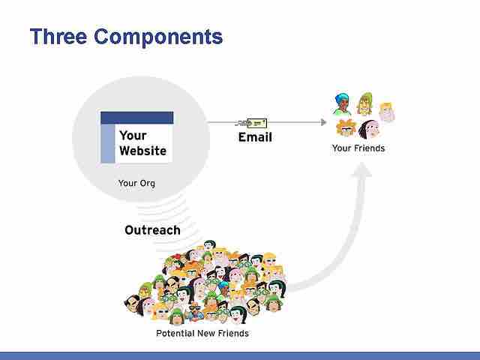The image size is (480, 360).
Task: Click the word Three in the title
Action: pos(60,36)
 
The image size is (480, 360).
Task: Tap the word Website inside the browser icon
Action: pos(142,151)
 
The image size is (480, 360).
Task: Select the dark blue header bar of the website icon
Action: pos(137,118)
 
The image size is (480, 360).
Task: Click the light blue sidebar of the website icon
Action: pos(108,143)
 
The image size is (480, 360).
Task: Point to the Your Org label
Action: pos(136,182)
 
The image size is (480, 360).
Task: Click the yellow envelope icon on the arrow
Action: pos(256,122)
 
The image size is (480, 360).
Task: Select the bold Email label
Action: pos(255,137)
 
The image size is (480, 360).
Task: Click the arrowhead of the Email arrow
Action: pos(323,121)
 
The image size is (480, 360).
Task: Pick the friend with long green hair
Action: pos(366,103)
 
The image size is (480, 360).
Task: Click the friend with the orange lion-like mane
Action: pos(346,127)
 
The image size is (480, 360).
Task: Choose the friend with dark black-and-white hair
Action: pos(369,128)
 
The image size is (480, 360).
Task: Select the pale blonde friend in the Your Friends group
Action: pos(386,112)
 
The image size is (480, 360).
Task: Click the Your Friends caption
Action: pos(358,148)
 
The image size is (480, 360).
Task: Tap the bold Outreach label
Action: pos(152,230)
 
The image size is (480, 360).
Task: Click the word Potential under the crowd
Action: pos(176,333)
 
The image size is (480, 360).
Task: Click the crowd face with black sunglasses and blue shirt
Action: pos(195,308)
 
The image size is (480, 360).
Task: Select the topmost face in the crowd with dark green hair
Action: pos(210,246)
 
